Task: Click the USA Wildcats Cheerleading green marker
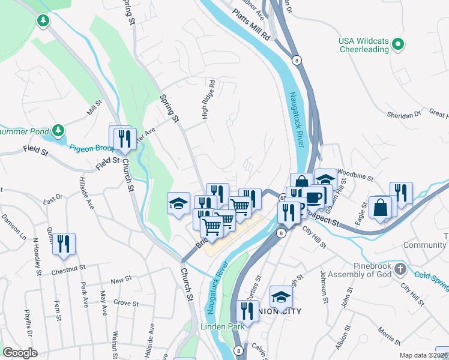coord(397,44)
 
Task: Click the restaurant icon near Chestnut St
coord(64,244)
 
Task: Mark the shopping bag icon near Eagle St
coord(381,208)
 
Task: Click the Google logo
coord(20,353)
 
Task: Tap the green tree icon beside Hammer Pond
coord(58,130)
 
